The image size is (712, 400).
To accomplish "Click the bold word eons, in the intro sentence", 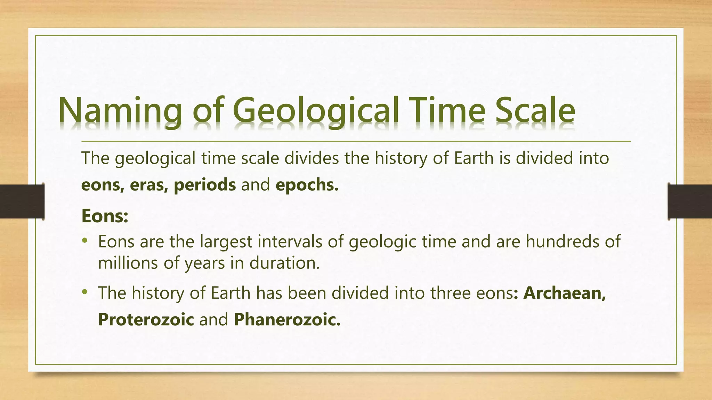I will [103, 185].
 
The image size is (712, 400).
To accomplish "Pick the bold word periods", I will [205, 185].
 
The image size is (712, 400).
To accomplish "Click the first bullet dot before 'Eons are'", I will [84, 240].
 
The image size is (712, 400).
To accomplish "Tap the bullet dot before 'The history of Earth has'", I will [84, 292].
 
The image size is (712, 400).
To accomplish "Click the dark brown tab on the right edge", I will [690, 201].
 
